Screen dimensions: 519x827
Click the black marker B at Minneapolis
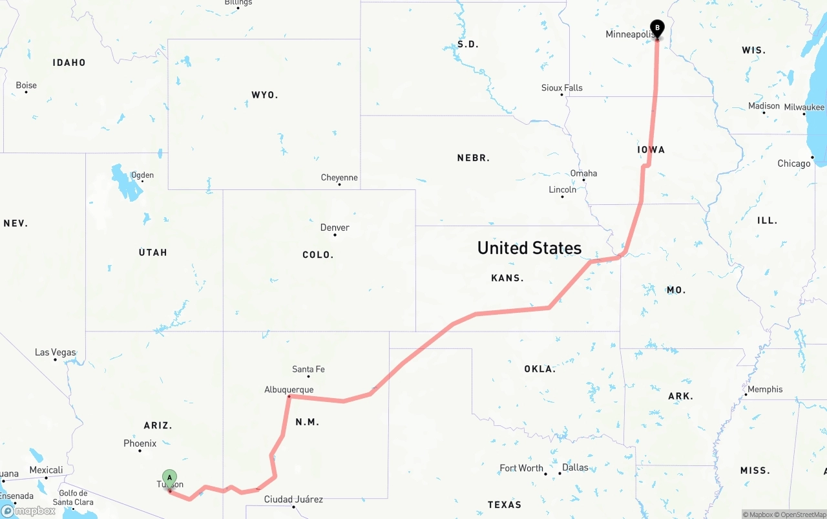point(657,28)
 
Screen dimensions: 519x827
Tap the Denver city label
point(335,228)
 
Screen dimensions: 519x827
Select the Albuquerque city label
point(289,390)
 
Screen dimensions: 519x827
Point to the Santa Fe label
point(308,370)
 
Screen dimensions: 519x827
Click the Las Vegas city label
point(55,352)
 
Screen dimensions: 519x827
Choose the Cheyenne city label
point(339,178)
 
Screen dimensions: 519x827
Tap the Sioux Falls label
point(561,88)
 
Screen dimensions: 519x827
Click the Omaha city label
point(583,173)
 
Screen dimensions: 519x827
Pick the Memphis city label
point(764,389)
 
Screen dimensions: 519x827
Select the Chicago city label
point(793,164)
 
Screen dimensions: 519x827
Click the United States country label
point(529,248)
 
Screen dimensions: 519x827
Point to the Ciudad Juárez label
point(293,499)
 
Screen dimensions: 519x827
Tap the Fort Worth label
point(521,468)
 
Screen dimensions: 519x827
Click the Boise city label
point(26,85)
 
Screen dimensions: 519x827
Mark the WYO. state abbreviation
point(264,95)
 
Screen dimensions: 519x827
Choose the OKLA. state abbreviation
point(539,369)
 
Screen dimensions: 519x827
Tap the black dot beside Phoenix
point(140,450)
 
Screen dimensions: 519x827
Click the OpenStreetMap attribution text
point(802,514)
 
